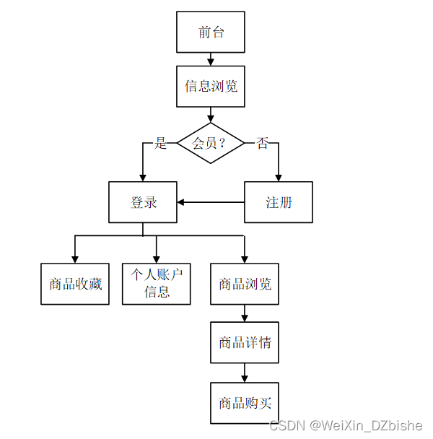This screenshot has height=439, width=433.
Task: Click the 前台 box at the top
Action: coord(211,32)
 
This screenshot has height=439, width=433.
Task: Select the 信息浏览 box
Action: coord(211,87)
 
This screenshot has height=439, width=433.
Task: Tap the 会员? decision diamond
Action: coord(211,143)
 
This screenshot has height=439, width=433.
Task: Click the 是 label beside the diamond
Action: coord(160,143)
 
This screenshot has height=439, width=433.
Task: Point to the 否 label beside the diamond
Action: coord(262,143)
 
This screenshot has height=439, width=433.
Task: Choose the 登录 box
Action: coord(143,202)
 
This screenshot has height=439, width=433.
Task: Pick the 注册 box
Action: coord(279,202)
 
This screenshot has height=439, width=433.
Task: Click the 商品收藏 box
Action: coord(75,284)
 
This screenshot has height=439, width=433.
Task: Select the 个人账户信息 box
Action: coord(157,283)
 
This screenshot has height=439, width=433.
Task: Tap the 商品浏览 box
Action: coord(245,284)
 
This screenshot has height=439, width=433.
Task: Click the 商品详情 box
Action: coord(245,342)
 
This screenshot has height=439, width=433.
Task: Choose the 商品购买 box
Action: coord(245,403)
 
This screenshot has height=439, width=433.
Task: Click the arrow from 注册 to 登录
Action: coord(211,202)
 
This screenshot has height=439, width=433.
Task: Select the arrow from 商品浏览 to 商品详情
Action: coord(245,313)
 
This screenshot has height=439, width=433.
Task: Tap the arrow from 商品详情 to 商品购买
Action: coord(245,373)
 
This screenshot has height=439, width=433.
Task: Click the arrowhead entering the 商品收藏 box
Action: coord(75,258)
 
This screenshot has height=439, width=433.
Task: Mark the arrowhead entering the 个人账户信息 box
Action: coord(157,258)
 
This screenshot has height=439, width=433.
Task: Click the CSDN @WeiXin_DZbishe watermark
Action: coord(344,425)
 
